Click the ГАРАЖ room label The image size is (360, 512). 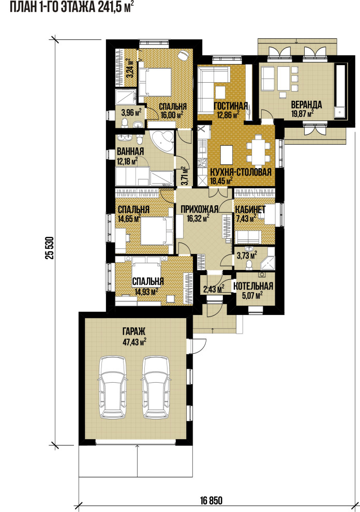point(134,332)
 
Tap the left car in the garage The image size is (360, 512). point(113,387)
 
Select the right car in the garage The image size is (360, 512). point(156,387)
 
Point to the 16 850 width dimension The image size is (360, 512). point(211,501)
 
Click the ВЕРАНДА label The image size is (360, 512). point(306,105)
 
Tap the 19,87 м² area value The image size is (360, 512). point(302,113)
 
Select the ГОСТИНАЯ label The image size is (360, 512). point(231,106)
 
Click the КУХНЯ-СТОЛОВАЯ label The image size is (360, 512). point(241,172)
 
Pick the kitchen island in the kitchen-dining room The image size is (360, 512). point(227,155)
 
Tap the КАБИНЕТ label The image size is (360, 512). point(250,209)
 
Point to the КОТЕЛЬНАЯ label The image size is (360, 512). point(253,287)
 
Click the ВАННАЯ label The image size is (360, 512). point(130,152)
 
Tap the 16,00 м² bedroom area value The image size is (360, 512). point(172,115)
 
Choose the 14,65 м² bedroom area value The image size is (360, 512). point(129,218)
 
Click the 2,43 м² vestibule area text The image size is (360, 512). point(214,289)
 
